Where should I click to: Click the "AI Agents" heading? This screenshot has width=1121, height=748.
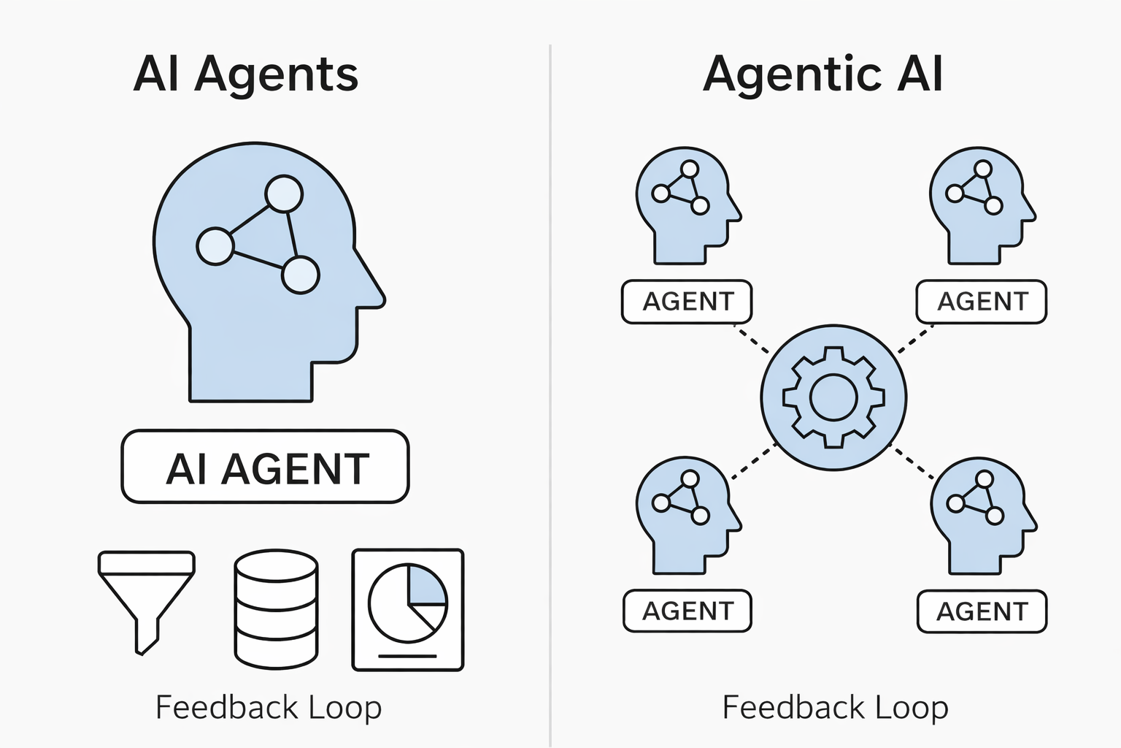(x=245, y=74)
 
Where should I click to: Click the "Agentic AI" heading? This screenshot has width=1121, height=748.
(x=823, y=74)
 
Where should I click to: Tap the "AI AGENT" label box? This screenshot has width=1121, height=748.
(x=266, y=467)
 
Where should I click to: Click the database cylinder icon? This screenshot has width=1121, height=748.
(x=276, y=609)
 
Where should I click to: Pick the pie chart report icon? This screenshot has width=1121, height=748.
(x=408, y=609)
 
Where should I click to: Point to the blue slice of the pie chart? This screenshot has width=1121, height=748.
(x=426, y=585)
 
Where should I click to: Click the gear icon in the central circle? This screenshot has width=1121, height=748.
(x=833, y=398)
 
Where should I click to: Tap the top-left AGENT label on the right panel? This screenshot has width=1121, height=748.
(x=687, y=301)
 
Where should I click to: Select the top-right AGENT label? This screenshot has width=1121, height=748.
(x=982, y=301)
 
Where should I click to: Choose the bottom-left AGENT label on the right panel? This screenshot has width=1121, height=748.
(x=687, y=611)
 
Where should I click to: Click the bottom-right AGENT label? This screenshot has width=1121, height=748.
(x=982, y=611)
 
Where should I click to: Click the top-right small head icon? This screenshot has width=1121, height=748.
(x=979, y=205)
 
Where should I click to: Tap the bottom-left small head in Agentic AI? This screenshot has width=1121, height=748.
(x=685, y=514)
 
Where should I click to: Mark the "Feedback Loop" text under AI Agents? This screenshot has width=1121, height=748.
(x=269, y=707)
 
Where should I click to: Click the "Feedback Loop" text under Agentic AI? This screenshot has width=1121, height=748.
(x=835, y=707)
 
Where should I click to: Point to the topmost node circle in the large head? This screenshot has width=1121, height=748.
(x=283, y=194)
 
